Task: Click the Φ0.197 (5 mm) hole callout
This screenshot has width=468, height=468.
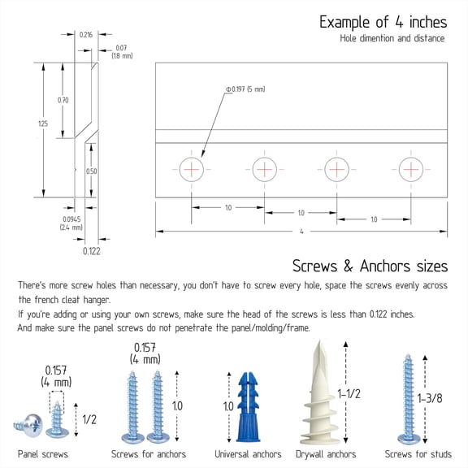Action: pos(245,89)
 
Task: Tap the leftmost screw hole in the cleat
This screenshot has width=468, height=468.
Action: pos(191,169)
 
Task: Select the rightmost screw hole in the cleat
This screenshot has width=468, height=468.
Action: pos(411,169)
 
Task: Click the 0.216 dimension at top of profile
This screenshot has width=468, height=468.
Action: pos(86,35)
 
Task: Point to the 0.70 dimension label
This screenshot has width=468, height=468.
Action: pos(63,100)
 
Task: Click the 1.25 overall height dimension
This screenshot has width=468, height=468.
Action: pos(43,123)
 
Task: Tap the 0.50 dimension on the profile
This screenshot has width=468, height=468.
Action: pos(91,171)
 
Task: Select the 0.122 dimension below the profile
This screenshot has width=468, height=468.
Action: pos(91,251)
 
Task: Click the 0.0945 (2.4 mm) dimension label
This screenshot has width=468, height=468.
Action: pos(71,223)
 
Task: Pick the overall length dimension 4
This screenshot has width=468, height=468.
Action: pos(301,232)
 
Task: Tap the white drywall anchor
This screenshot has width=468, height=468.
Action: pos(318,392)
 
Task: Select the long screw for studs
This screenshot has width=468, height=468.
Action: pos(409,399)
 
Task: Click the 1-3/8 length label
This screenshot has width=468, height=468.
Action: pos(430,398)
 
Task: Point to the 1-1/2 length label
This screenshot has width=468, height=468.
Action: pos(349,394)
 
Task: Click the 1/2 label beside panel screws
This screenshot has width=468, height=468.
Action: pos(89,419)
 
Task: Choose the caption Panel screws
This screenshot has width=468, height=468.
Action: pos(43,454)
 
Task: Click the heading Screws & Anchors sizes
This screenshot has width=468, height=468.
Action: pos(370,266)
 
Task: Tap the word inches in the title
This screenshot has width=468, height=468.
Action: pos(428,22)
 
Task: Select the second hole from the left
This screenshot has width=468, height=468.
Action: pos(264,169)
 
